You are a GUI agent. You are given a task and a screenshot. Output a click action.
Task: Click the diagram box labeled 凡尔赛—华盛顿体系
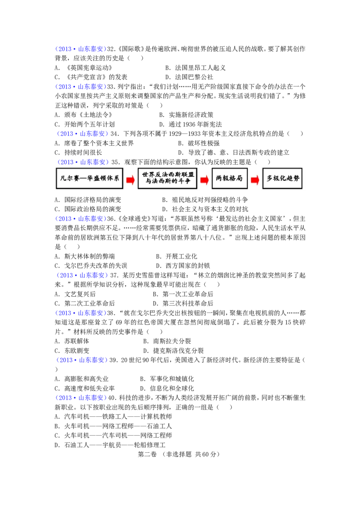(x=90, y=178)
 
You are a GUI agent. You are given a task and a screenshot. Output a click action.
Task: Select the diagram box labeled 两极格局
(x=229, y=178)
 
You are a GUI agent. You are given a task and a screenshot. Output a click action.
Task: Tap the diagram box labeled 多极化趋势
(x=282, y=178)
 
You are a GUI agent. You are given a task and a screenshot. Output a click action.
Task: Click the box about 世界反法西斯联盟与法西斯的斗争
(x=167, y=178)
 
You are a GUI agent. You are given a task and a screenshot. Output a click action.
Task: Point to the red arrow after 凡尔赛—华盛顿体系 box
(x=130, y=179)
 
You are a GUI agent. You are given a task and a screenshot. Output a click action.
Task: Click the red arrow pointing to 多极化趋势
(x=255, y=179)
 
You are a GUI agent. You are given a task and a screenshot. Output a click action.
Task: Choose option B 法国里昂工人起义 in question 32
(x=195, y=68)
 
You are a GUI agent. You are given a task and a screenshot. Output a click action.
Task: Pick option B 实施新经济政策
(x=186, y=115)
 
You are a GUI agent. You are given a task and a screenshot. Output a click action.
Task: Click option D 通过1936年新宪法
(x=191, y=125)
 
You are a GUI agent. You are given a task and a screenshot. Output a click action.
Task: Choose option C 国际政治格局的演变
(x=88, y=209)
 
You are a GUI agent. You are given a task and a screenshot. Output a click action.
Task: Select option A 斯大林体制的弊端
(x=85, y=256)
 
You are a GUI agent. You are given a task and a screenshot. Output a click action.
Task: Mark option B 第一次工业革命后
(x=183, y=294)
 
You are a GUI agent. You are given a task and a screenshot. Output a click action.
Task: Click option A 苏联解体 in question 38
(x=72, y=341)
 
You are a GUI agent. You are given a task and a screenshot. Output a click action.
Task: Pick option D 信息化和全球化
(x=167, y=388)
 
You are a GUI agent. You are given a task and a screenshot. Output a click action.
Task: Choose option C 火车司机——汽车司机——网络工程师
(x=113, y=436)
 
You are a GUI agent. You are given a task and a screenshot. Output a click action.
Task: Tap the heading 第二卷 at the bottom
(x=147, y=455)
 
